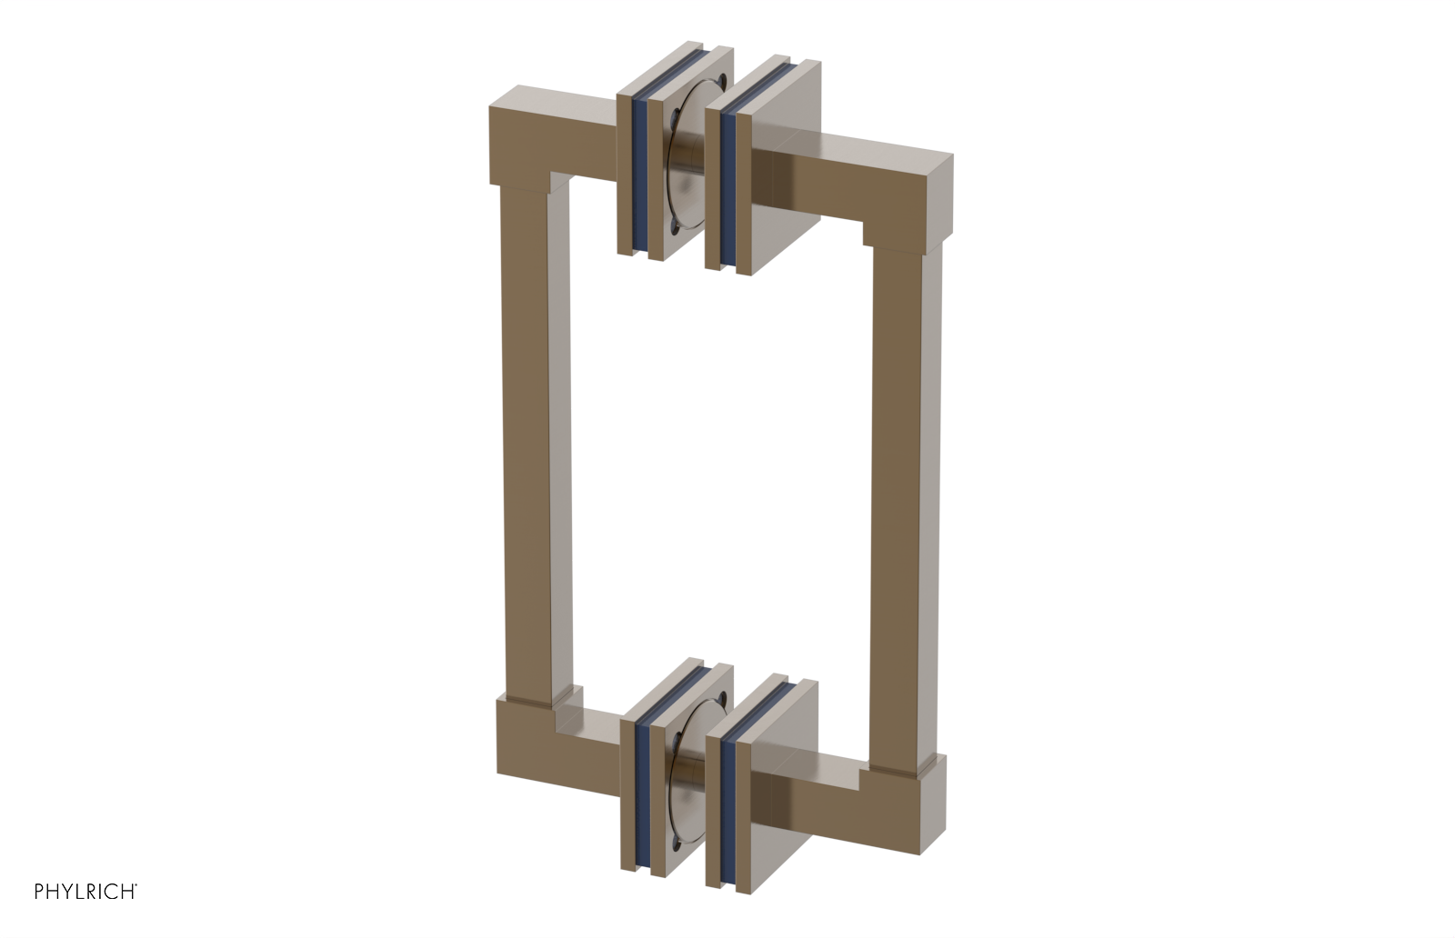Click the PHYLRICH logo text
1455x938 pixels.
tap(85, 892)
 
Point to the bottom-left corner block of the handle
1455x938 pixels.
tap(532, 745)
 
